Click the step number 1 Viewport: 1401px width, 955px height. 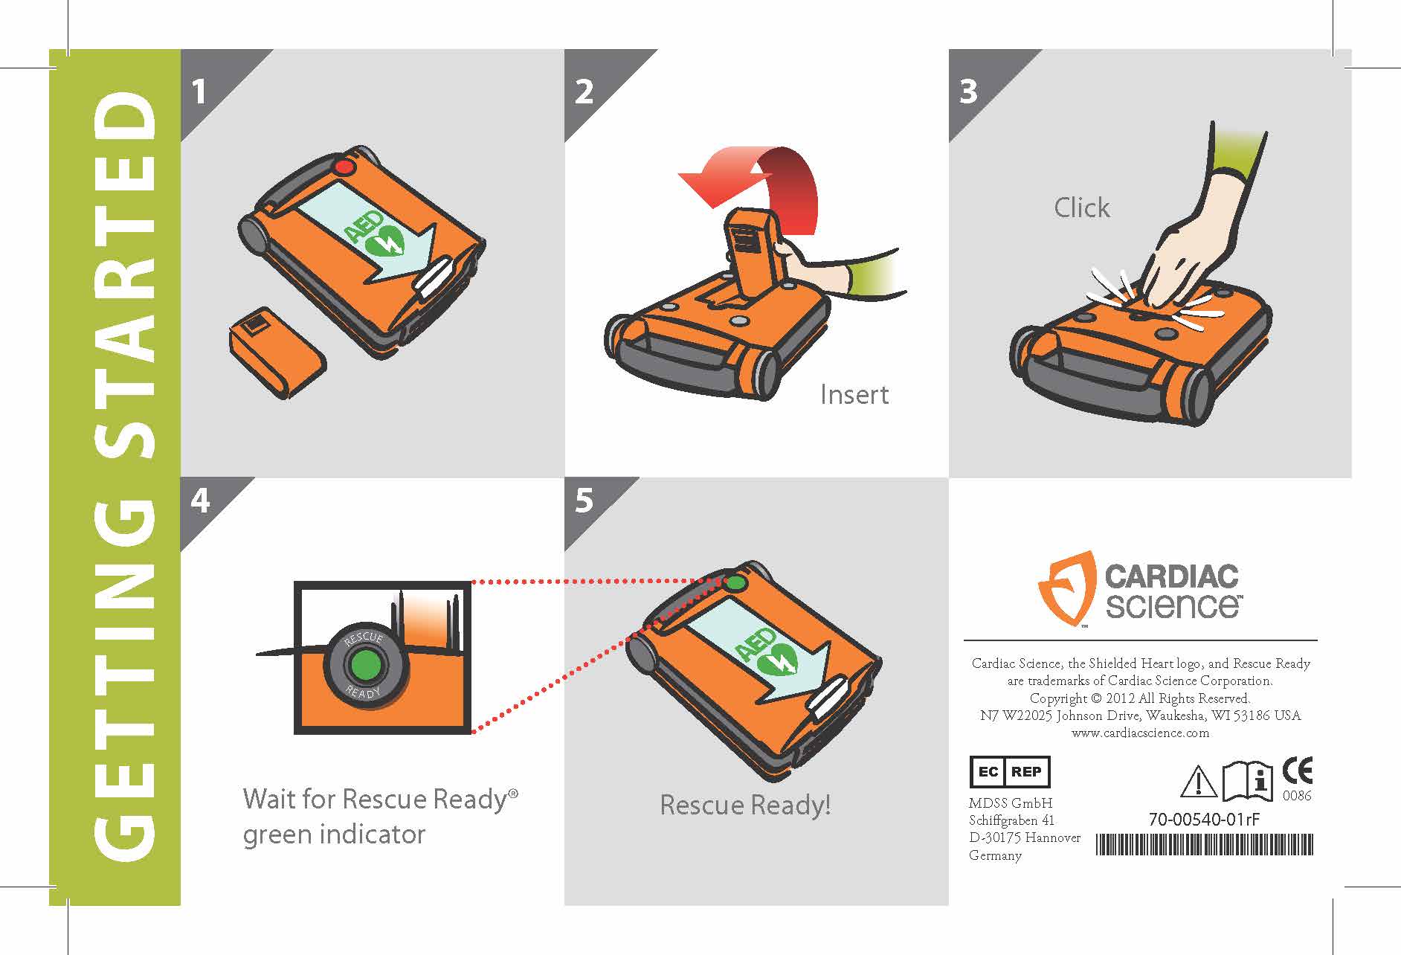(198, 92)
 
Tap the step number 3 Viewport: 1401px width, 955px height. (968, 91)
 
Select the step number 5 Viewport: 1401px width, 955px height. (584, 501)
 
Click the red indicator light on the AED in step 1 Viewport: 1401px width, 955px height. (344, 167)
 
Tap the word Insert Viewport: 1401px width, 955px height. (854, 394)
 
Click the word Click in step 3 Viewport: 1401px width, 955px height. (1082, 208)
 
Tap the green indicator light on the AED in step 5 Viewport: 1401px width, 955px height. (735, 583)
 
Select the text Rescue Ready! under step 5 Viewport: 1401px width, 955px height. (745, 805)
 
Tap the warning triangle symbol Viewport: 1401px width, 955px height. (1199, 782)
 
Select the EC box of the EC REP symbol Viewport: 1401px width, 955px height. (988, 772)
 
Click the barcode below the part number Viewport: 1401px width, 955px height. (1205, 845)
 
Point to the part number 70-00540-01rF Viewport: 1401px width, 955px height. (1205, 820)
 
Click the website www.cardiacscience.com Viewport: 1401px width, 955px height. (1141, 733)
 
